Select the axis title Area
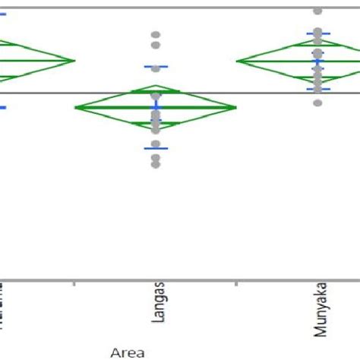127,352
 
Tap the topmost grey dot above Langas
156,35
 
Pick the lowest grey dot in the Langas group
156,164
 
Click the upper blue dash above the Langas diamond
156,67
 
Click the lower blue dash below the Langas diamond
156,148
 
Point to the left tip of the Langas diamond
75,107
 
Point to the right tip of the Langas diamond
236,107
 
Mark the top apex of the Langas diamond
156,86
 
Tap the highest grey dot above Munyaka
318,11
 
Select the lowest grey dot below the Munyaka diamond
318,103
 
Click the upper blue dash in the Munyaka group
318,33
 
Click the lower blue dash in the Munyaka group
318,89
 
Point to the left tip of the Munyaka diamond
237,60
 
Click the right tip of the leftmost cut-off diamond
75,59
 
